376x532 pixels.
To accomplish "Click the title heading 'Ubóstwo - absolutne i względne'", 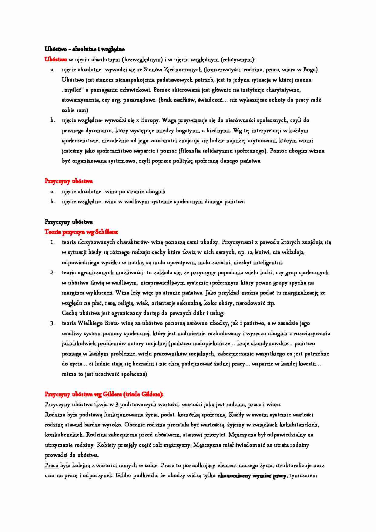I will [x=85, y=49].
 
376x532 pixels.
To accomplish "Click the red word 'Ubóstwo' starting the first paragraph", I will [x=55, y=59].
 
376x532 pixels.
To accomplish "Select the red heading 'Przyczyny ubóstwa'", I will [x=69, y=181].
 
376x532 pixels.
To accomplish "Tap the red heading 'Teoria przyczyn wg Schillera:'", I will [x=81, y=232].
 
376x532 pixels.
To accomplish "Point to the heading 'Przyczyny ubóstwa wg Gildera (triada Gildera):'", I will [x=104, y=394].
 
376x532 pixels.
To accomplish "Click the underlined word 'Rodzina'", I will [x=55, y=415].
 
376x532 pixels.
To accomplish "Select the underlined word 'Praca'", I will [x=52, y=465].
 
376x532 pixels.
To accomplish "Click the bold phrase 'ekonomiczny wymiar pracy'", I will [x=252, y=476].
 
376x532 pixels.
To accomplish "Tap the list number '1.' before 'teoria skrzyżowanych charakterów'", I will [x=52, y=242].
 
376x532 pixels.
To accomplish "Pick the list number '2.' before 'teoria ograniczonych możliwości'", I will [x=52, y=272].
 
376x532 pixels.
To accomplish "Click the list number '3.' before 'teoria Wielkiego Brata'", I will [x=52, y=323].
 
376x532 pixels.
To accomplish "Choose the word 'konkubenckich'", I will [x=64, y=435].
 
